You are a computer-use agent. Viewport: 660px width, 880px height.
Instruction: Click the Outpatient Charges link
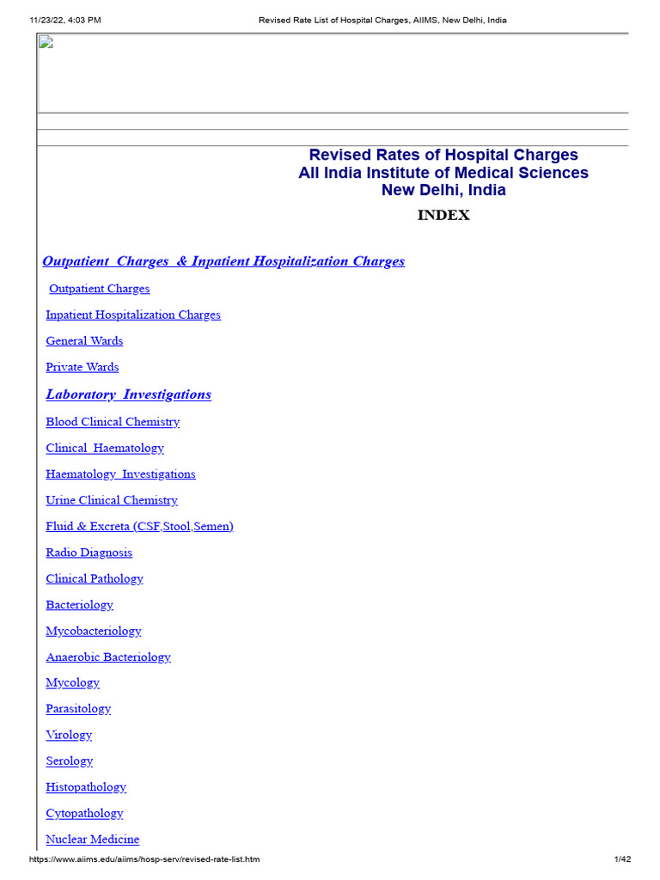(x=99, y=289)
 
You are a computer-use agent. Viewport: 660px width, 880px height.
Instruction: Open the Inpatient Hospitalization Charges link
(x=133, y=315)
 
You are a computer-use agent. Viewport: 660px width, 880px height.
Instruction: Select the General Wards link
(x=84, y=341)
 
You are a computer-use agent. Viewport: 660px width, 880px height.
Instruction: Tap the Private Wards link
(x=82, y=367)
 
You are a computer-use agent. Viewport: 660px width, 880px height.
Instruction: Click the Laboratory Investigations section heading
(x=128, y=394)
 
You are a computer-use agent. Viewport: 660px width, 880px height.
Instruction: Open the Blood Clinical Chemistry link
(x=113, y=422)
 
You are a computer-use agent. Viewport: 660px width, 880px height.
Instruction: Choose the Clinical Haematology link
(x=105, y=448)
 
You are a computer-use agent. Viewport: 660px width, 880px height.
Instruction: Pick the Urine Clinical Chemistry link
(x=112, y=500)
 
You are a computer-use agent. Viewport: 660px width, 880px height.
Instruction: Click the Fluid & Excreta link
(x=139, y=526)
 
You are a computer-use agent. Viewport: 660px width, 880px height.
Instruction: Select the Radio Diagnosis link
(x=89, y=553)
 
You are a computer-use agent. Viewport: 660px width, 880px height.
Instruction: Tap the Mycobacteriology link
(x=94, y=631)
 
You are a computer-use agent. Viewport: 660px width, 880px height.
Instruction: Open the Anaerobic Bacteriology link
(x=108, y=657)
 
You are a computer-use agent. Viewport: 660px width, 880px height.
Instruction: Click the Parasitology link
(x=78, y=709)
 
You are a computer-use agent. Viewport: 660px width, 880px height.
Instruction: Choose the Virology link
(x=69, y=735)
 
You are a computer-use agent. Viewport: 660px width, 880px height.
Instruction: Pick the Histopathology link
(x=86, y=787)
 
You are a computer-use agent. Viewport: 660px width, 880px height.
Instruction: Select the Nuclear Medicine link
(x=93, y=840)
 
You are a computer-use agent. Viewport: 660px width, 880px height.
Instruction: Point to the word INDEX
(x=443, y=216)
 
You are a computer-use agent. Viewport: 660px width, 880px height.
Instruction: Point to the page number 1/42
(x=622, y=859)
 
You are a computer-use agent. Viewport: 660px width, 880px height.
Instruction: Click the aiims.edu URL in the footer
(x=144, y=859)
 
